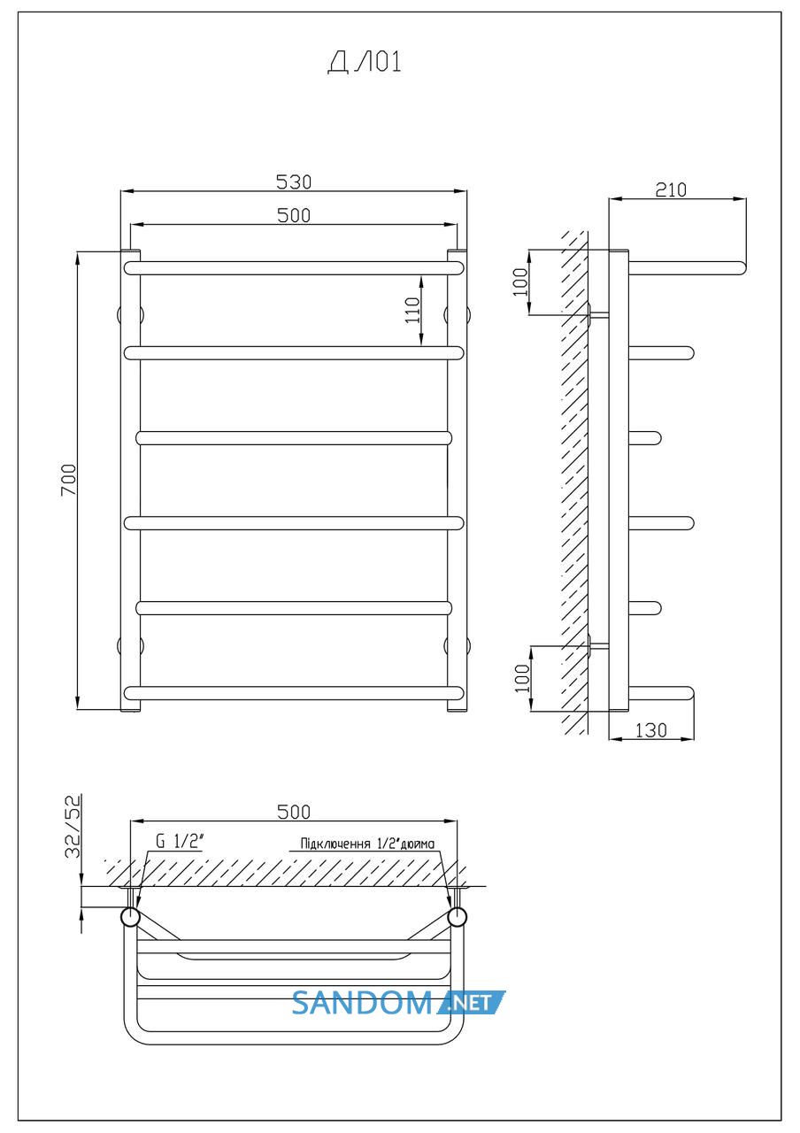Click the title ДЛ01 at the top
[x=364, y=63]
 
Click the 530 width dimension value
[x=294, y=182]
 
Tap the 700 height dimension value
[x=69, y=480]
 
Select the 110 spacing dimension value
[x=412, y=310]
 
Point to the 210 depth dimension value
[x=671, y=190]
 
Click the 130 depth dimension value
[x=650, y=730]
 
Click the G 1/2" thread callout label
[x=180, y=841]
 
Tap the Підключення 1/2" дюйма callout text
[x=367, y=844]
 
